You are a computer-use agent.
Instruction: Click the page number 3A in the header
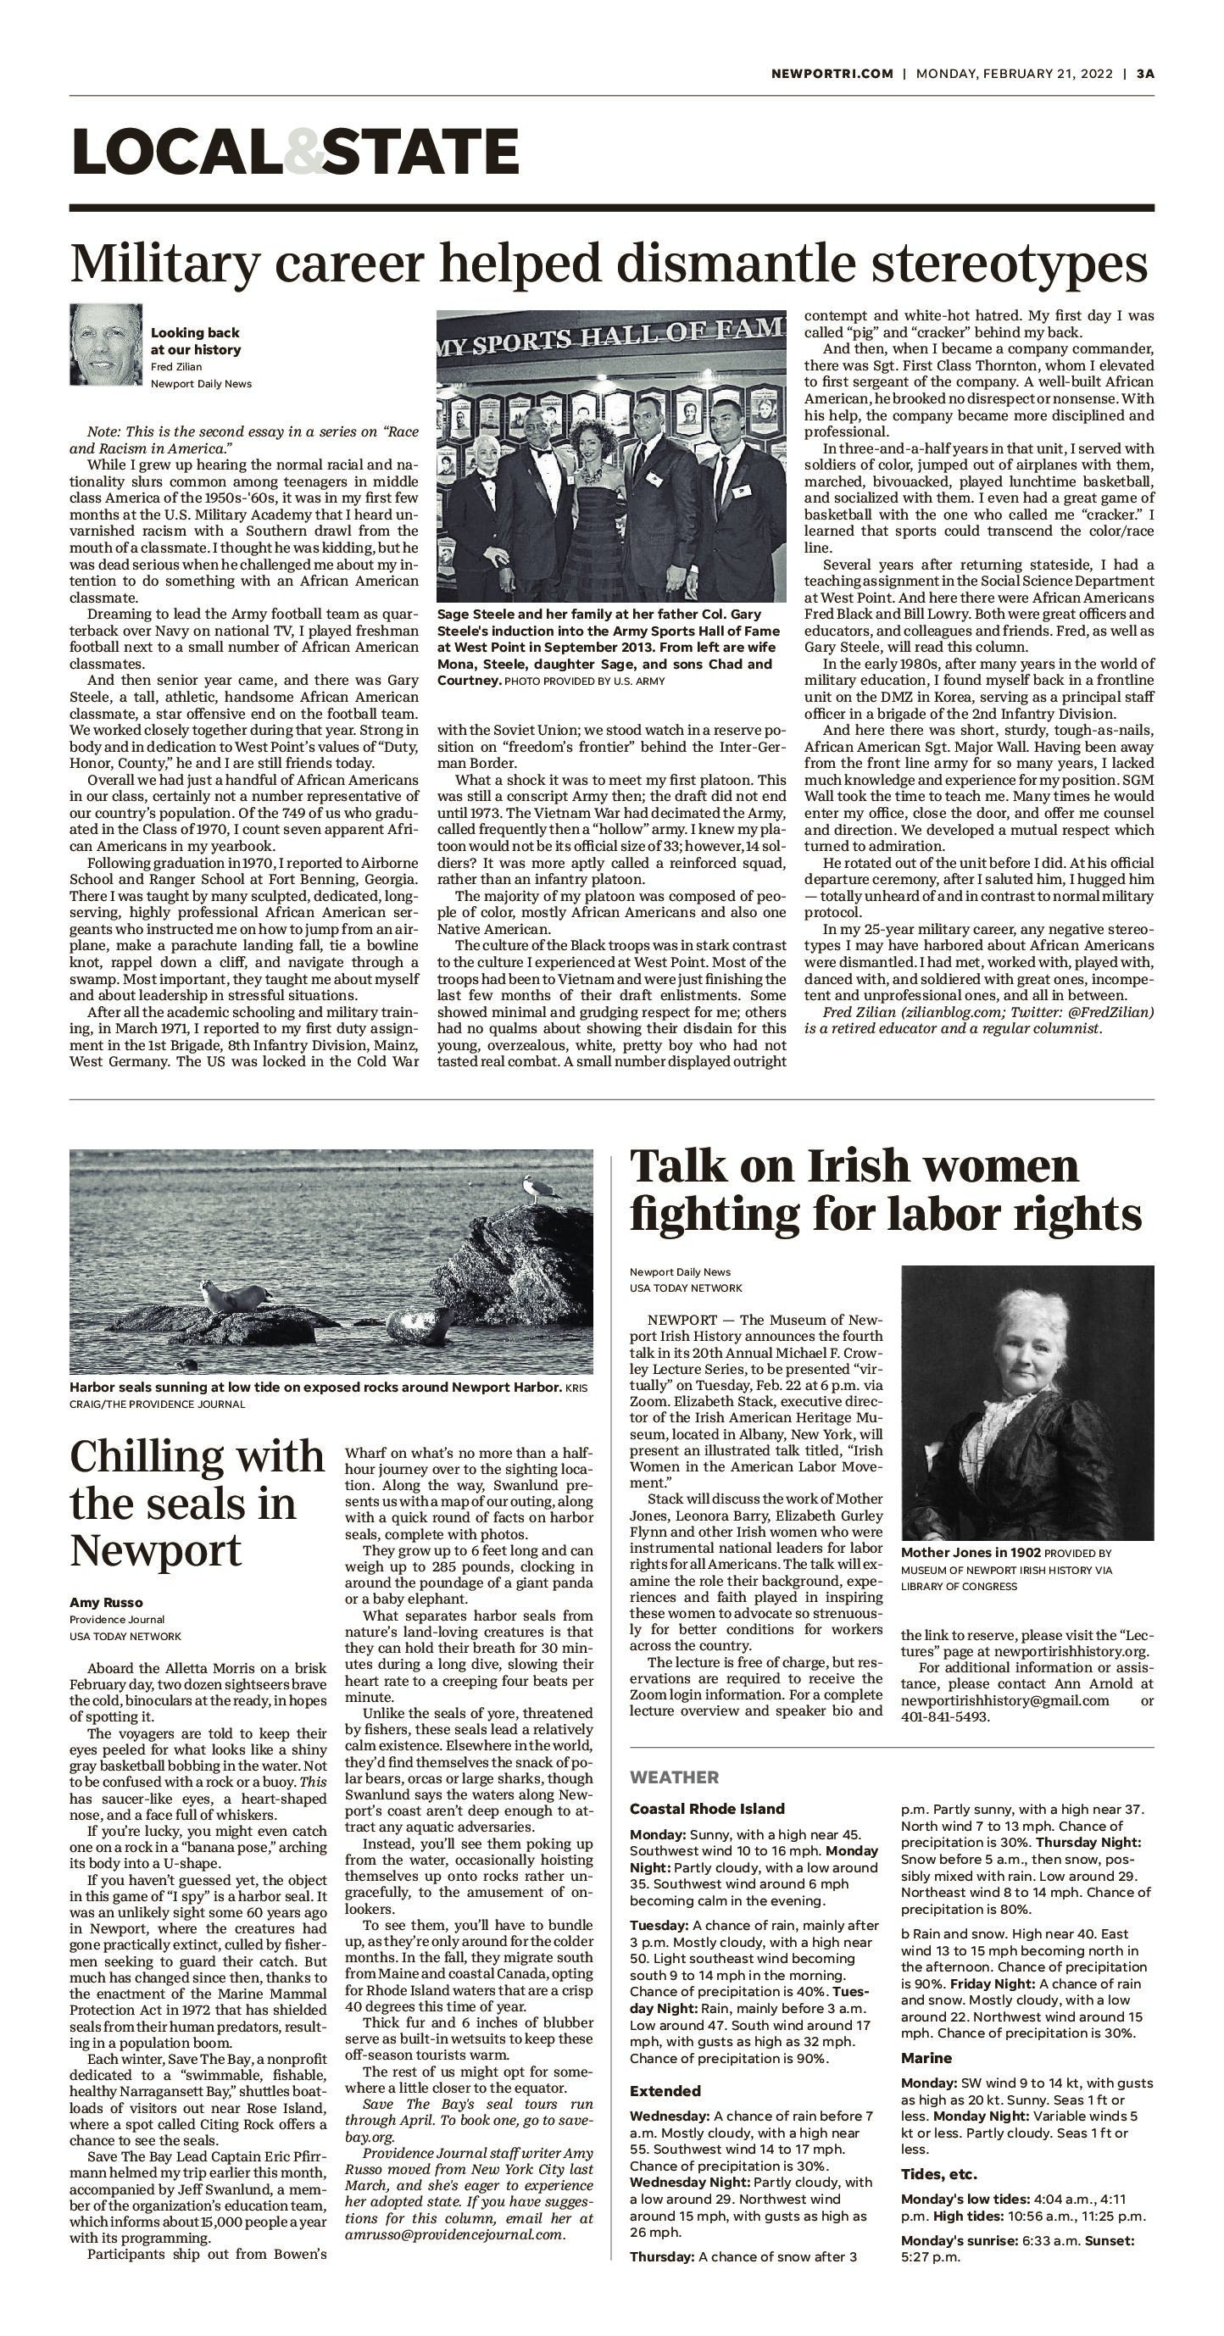pyautogui.click(x=1145, y=74)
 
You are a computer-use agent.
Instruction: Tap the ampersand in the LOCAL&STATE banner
pyautogui.click(x=303, y=152)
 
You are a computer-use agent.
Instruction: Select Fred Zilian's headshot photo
pyautogui.click(x=106, y=345)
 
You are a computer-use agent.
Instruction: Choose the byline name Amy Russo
pyautogui.click(x=106, y=1602)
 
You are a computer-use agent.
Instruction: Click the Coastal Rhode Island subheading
pyautogui.click(x=707, y=1808)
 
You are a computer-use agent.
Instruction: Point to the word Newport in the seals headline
pyautogui.click(x=155, y=1550)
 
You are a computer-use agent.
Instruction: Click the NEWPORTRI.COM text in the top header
pyautogui.click(x=832, y=74)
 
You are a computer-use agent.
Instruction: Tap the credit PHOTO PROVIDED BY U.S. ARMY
pyautogui.click(x=584, y=681)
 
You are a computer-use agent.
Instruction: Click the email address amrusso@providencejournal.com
pyautogui.click(x=454, y=2234)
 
